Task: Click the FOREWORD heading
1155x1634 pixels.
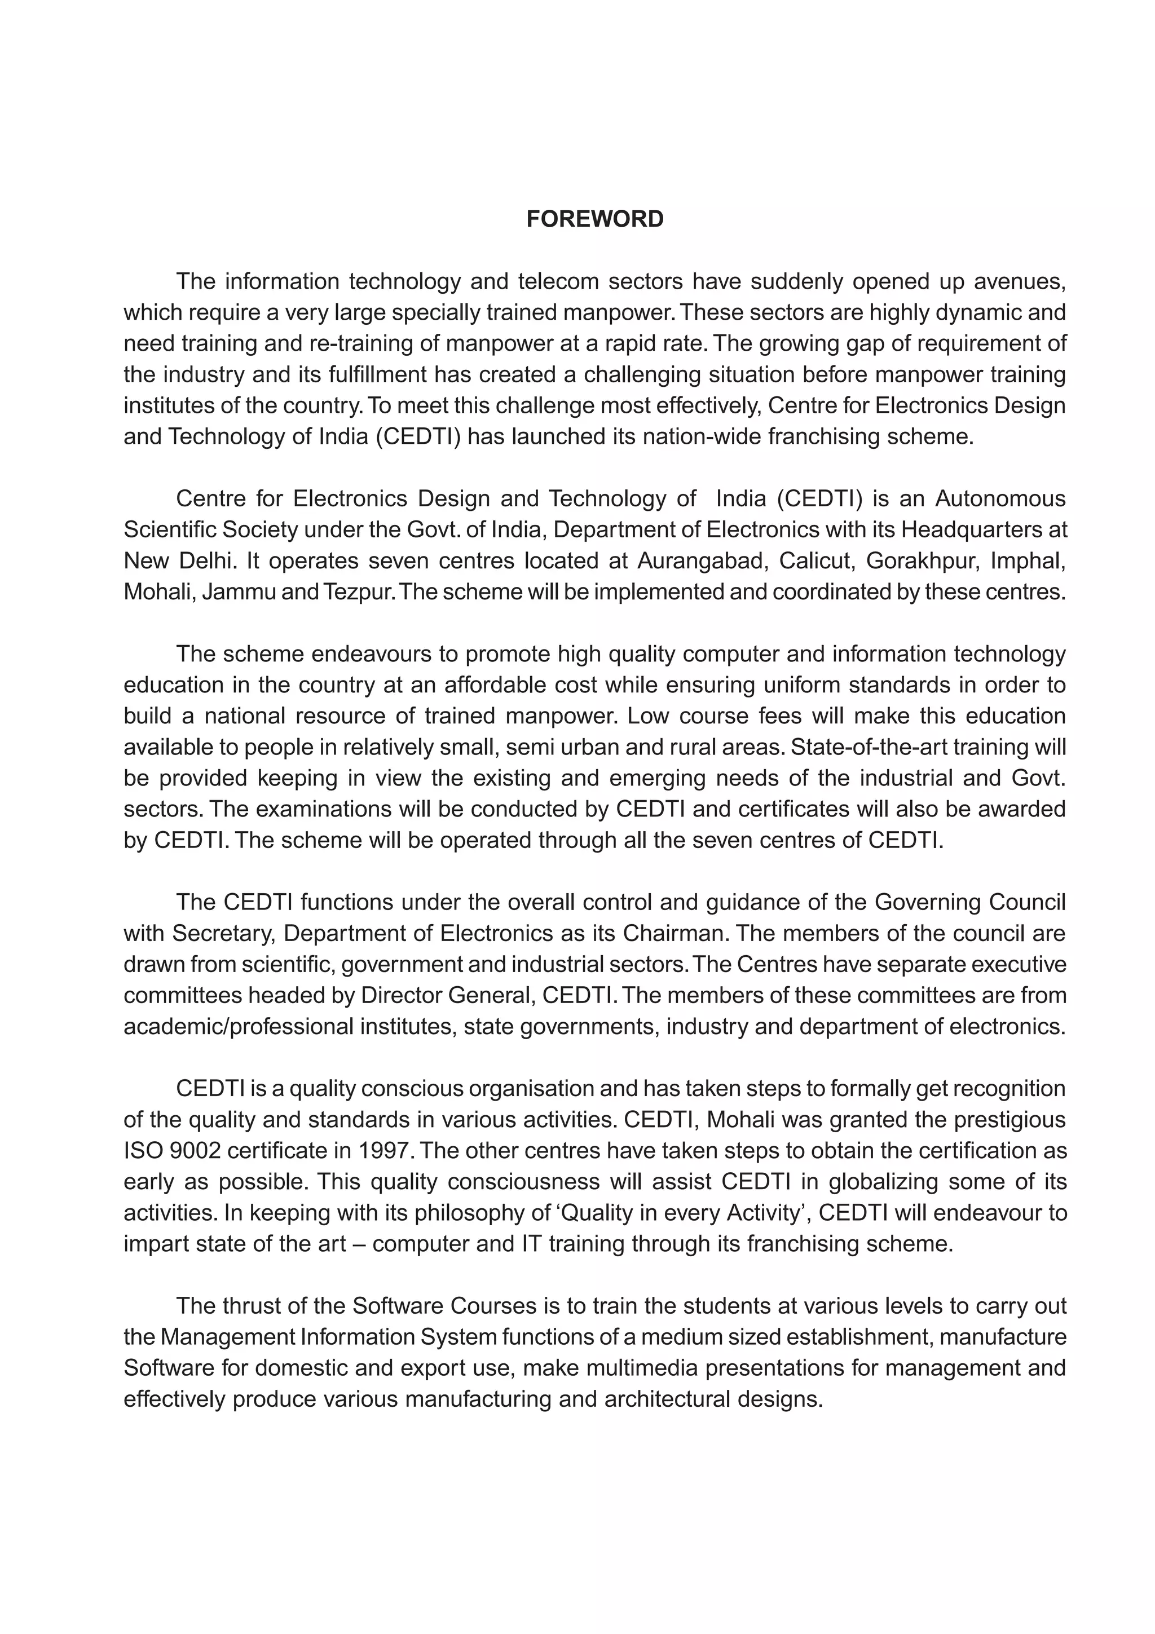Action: tap(594, 219)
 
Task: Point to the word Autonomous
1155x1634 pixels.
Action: tap(1000, 499)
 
